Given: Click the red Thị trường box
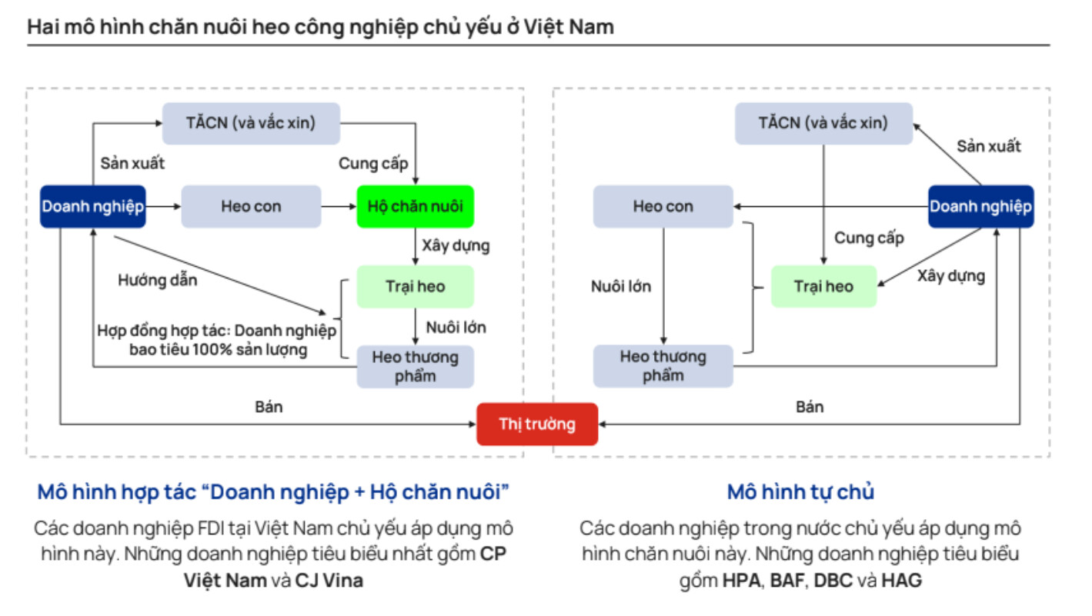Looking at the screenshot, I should pyautogui.click(x=536, y=424).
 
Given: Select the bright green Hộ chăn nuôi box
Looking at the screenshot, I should pyautogui.click(x=415, y=206).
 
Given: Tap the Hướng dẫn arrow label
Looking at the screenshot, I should pyautogui.click(x=157, y=280).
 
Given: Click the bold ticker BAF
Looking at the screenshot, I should pyautogui.click(x=786, y=581).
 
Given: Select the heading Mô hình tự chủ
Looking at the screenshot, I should pyautogui.click(x=800, y=491).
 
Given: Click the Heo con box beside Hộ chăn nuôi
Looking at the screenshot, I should pyautogui.click(x=251, y=206).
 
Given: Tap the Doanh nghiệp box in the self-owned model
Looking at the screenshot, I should pyautogui.click(x=980, y=206).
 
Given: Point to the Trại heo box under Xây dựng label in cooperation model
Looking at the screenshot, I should pyautogui.click(x=415, y=287).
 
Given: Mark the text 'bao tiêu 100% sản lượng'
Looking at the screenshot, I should pyautogui.click(x=218, y=350).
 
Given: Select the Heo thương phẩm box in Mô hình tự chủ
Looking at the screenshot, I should pyautogui.click(x=663, y=366).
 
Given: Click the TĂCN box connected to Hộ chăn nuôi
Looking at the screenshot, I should pyautogui.click(x=251, y=123).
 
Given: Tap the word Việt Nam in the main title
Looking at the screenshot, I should pyautogui.click(x=569, y=27).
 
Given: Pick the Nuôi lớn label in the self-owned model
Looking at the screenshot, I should pyautogui.click(x=620, y=287).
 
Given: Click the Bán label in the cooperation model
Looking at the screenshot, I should pyautogui.click(x=269, y=407).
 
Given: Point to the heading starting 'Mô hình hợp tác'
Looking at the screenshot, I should pyautogui.click(x=274, y=491).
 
